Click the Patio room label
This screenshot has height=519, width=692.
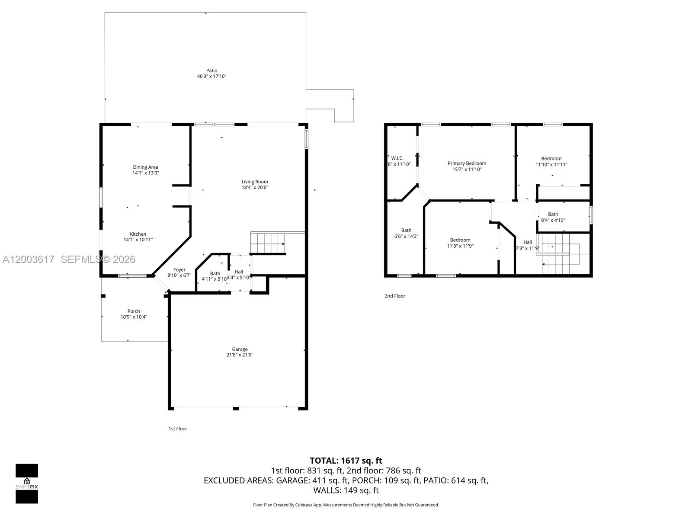[211, 70]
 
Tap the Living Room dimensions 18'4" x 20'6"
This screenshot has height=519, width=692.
[255, 188]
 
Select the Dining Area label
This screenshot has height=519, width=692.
[145, 167]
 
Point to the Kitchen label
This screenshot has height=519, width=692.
[138, 234]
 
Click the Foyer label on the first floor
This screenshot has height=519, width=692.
[179, 270]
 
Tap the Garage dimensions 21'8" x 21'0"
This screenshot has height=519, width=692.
[240, 355]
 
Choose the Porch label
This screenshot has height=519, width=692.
[134, 311]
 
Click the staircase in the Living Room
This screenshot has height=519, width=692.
[268, 243]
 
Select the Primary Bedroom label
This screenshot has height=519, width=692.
[467, 163]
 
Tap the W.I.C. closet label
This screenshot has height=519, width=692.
[397, 158]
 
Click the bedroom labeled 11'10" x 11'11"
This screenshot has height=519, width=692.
[551, 161]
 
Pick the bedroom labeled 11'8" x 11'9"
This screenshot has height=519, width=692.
[460, 243]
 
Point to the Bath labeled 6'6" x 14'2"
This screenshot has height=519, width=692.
[406, 233]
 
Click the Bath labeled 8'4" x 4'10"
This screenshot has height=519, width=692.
[553, 217]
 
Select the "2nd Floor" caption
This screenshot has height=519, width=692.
[395, 296]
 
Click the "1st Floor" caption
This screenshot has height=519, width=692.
[178, 429]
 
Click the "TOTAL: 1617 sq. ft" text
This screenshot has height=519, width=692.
[346, 461]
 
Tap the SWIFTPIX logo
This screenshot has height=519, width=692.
[27, 484]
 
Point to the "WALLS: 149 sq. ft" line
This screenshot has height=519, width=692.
[346, 490]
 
